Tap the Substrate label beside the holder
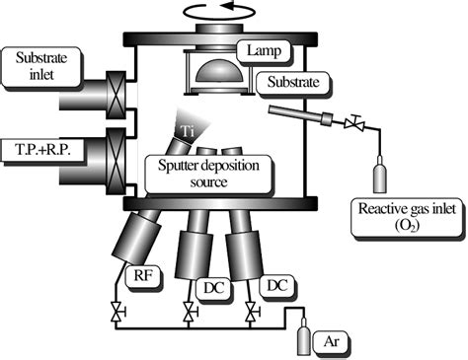pyautogui.click(x=286, y=81)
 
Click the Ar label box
pyautogui.click(x=332, y=341)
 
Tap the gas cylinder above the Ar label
pyautogui.click(x=302, y=338)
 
